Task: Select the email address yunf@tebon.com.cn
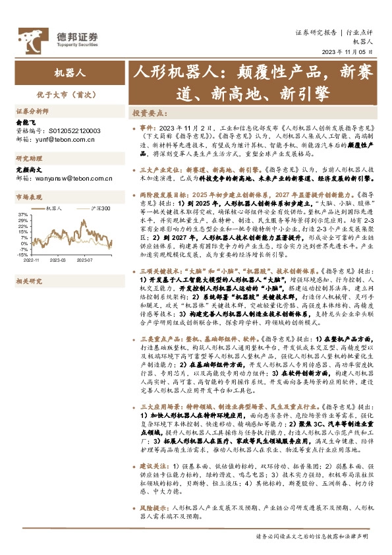[x=64, y=139]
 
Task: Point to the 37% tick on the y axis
[x=22, y=215]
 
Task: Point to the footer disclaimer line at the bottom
[x=307, y=537]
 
